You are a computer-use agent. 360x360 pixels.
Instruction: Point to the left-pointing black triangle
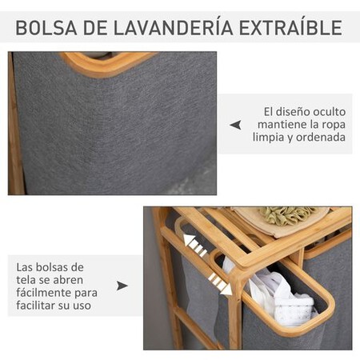(235, 125)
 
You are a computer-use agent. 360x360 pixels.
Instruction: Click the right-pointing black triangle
(122, 286)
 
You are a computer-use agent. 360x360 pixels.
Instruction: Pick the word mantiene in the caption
(280, 125)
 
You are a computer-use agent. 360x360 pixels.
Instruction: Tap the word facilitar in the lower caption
(42, 304)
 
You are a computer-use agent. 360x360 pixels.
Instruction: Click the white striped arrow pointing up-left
(194, 243)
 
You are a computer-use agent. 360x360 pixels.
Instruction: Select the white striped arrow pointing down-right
(218, 281)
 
